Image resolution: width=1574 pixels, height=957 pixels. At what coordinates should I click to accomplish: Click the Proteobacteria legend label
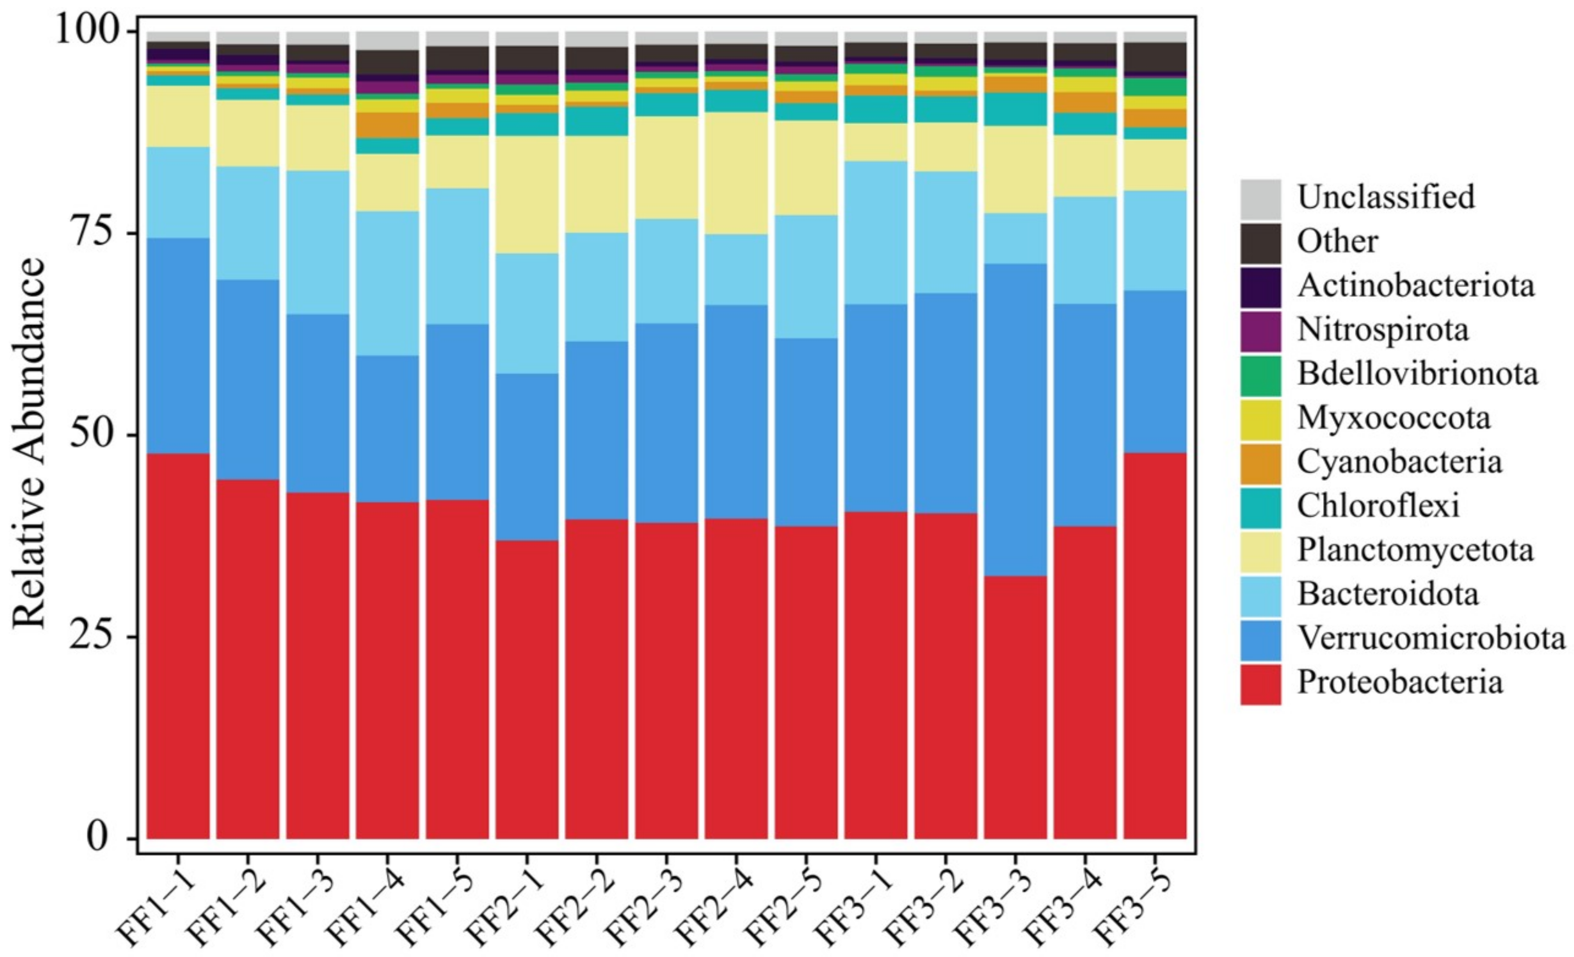[x=1399, y=682]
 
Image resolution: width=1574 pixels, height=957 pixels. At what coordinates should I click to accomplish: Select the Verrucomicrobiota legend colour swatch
[x=1260, y=640]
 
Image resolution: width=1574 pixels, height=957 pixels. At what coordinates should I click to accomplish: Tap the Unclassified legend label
[x=1386, y=196]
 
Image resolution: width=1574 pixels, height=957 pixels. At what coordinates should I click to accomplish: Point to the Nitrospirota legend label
[x=1382, y=330]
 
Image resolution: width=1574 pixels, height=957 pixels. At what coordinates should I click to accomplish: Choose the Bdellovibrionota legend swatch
[x=1260, y=375]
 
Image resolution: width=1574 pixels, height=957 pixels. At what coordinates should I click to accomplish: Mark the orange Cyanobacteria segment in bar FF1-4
[x=387, y=125]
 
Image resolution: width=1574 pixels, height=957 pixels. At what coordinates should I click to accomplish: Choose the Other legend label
[x=1337, y=241]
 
